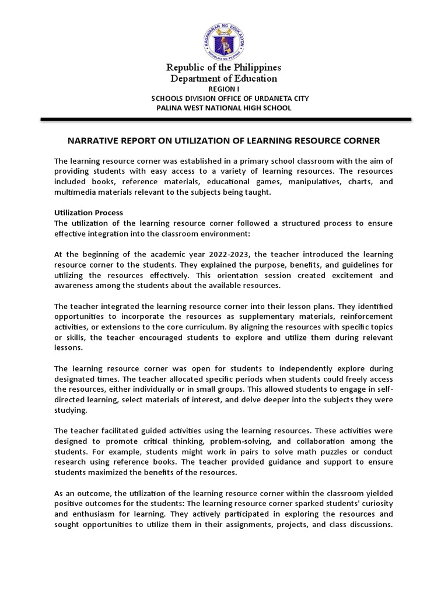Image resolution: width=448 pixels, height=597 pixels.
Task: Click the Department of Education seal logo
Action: [x=225, y=36]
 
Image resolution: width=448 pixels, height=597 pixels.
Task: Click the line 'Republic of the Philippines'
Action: [x=224, y=67]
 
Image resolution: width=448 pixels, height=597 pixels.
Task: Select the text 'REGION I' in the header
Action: [x=224, y=89]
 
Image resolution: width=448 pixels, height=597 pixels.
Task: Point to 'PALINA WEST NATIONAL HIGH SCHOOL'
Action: [x=224, y=108]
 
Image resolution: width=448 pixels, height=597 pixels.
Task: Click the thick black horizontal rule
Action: [x=225, y=120]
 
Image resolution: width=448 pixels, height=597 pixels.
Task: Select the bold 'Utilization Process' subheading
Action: [x=88, y=213]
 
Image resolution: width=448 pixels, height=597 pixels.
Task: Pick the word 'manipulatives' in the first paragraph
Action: [x=316, y=182]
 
